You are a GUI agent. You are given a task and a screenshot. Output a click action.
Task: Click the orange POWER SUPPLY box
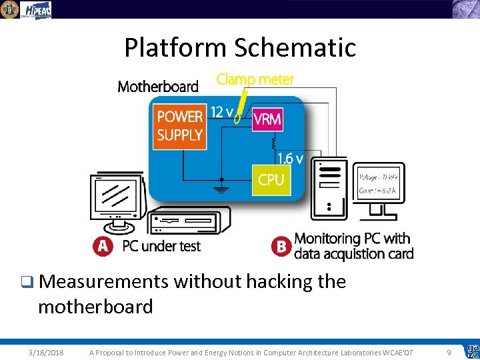click(179, 125)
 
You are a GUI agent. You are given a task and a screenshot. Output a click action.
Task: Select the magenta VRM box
click(267, 121)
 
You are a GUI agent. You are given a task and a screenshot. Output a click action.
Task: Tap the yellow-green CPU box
click(271, 179)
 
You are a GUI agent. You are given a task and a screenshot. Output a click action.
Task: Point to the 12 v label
click(222, 112)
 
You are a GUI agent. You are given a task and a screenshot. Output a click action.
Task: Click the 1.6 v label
click(291, 159)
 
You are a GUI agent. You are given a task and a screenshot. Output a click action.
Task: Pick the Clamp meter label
click(255, 79)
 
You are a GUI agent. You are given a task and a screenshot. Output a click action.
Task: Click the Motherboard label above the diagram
click(158, 86)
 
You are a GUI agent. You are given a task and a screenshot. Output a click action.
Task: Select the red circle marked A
click(103, 246)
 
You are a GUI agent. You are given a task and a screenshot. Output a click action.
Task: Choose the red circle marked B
click(281, 246)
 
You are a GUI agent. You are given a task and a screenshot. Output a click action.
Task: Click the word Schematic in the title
click(296, 48)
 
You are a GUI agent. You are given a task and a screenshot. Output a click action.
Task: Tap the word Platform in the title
click(176, 48)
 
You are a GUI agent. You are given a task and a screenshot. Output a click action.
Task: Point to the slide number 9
click(449, 352)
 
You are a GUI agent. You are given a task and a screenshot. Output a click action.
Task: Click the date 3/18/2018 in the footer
click(47, 352)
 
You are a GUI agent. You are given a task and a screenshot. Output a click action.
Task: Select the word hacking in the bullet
click(279, 282)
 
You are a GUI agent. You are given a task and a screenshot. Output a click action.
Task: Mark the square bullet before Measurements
click(25, 283)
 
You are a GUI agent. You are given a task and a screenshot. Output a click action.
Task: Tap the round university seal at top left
click(9, 9)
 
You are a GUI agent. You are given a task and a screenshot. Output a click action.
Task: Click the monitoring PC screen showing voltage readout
click(378, 183)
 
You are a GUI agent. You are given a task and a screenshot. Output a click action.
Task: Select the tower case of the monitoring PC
click(329, 188)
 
